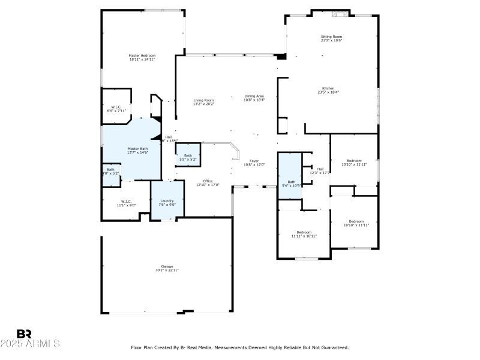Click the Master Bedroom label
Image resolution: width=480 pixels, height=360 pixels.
click(142, 56)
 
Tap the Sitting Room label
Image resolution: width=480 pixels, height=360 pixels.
click(331, 37)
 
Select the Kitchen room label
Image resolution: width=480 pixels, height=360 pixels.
click(328, 88)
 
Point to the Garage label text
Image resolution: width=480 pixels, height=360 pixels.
click(166, 266)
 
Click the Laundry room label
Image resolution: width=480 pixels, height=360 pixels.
click(167, 200)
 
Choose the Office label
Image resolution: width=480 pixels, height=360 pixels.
click(208, 181)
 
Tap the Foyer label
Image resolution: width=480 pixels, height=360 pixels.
click(254, 160)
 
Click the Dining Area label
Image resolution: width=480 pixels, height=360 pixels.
click(254, 96)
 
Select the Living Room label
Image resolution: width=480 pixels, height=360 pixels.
click(203, 100)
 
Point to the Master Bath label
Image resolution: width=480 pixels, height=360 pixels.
click(137, 149)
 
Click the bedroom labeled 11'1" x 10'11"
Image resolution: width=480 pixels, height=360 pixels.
click(304, 232)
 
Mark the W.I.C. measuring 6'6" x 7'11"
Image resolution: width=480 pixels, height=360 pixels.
click(116, 107)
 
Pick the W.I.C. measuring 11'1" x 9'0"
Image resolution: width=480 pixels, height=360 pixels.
click(126, 202)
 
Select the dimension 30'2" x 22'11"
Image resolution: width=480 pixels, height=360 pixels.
click(166, 271)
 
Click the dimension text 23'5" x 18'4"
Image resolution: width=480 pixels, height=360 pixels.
click(328, 92)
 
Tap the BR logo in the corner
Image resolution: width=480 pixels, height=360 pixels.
click(24, 334)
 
